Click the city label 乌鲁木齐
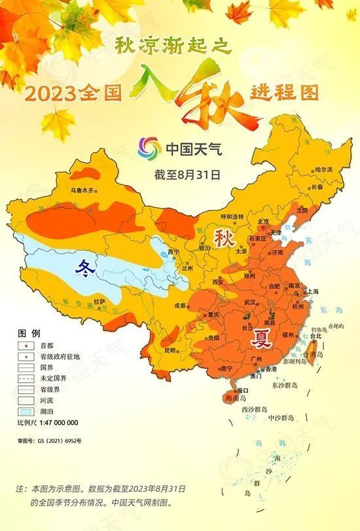83,191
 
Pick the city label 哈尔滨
323,169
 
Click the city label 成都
180,305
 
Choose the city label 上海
312,291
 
